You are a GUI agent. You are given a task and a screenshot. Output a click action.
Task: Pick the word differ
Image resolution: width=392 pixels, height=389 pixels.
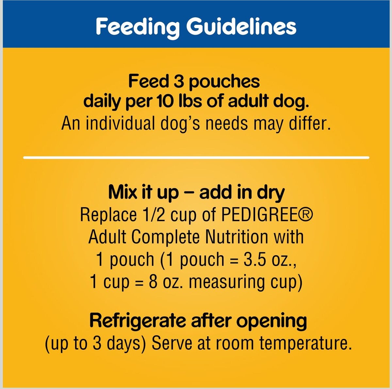(x=310, y=123)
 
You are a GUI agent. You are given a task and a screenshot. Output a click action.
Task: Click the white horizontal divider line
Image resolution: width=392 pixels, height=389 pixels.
(x=196, y=157)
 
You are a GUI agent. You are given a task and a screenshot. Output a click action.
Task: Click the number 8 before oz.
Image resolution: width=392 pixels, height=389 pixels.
(x=153, y=282)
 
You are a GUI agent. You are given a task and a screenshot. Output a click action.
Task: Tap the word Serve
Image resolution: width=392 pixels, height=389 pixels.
(x=171, y=343)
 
